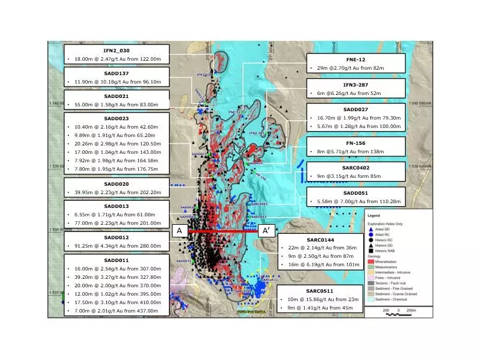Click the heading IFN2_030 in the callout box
point(117,50)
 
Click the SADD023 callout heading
point(117,118)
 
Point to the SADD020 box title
point(117,183)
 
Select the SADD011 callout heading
point(117,260)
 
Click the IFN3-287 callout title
point(356,84)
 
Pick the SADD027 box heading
point(356,109)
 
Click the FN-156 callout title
point(356,142)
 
